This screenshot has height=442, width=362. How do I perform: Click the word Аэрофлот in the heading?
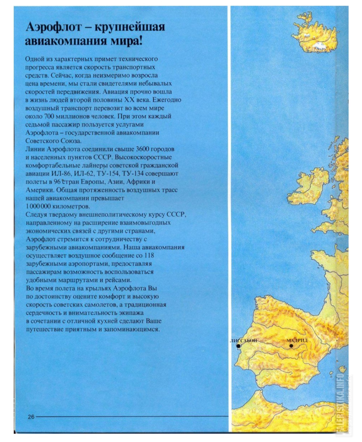point(53,27)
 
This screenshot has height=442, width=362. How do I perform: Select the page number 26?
point(31,417)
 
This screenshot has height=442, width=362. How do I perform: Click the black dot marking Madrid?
point(291,346)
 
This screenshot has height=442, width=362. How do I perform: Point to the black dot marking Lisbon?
point(238,346)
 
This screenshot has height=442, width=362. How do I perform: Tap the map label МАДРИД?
point(297,340)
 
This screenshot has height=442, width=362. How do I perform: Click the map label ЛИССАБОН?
point(244,341)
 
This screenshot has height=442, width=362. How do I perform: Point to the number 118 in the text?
point(149,255)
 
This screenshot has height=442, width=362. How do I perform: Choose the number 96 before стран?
point(56,182)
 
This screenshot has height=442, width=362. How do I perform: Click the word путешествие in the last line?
point(43,329)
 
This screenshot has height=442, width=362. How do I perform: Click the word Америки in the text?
point(40,190)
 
